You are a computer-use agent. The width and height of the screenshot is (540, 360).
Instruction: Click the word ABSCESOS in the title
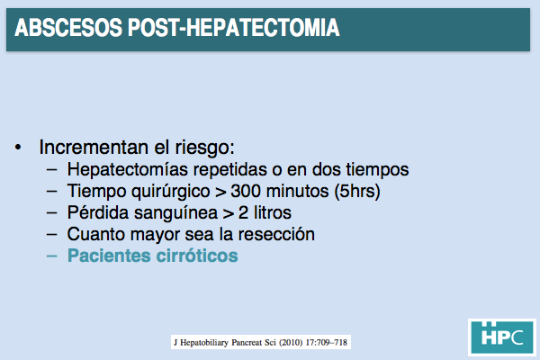click(x=68, y=28)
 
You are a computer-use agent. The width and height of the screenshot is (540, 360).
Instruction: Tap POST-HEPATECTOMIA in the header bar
click(x=234, y=28)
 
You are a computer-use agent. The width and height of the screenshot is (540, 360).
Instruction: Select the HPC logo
click(x=502, y=337)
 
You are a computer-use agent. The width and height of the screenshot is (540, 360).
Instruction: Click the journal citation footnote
click(x=261, y=342)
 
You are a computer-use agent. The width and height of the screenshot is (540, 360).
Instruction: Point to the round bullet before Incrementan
click(x=18, y=148)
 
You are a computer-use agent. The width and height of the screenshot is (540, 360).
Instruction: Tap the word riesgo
click(x=204, y=148)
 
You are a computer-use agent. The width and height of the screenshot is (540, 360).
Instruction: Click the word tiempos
click(x=377, y=169)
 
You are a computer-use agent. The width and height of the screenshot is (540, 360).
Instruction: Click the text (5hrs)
click(x=357, y=191)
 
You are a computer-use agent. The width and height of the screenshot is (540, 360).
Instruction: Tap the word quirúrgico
click(x=171, y=192)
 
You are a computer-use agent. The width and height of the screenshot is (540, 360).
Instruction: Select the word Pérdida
click(x=98, y=212)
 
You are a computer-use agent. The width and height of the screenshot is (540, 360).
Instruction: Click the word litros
click(x=273, y=212)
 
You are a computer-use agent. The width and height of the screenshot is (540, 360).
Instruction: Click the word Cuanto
click(x=96, y=234)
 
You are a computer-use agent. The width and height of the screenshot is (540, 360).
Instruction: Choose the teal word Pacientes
click(x=109, y=256)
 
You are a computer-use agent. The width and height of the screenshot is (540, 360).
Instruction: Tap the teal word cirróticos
click(x=197, y=256)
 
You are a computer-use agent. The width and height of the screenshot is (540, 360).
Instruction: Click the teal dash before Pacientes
click(x=51, y=256)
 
